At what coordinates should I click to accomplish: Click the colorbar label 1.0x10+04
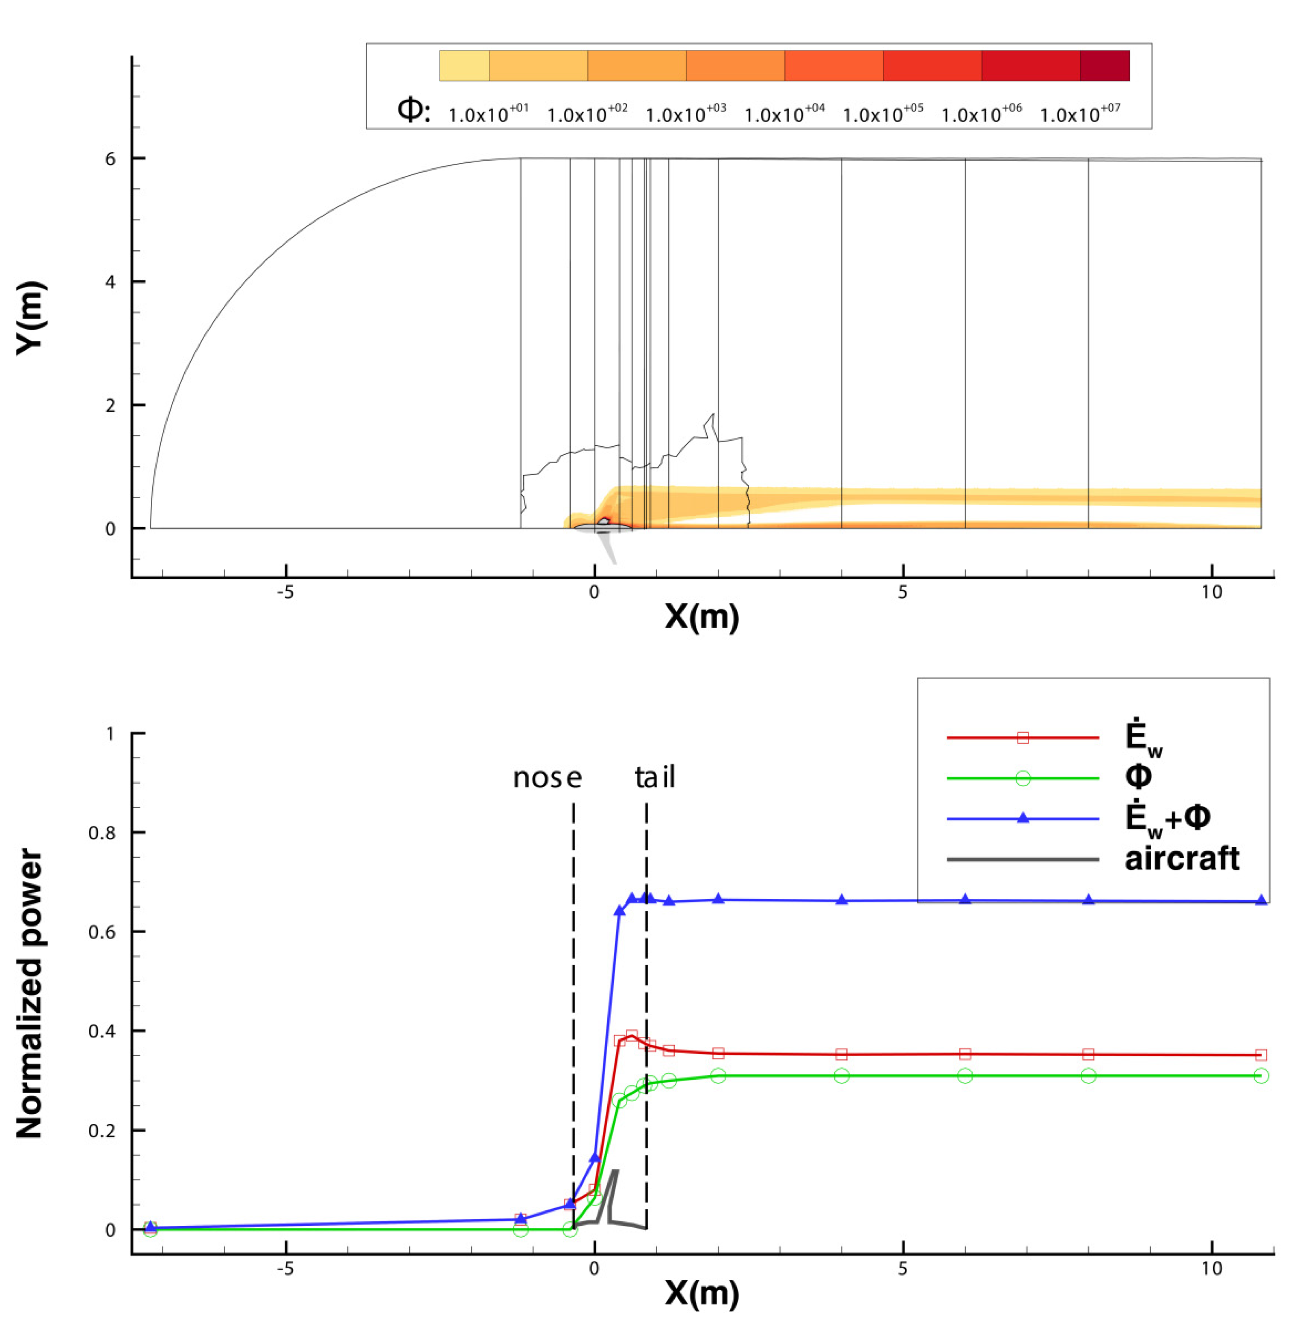[x=783, y=113]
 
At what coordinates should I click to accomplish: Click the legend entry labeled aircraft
[x=1181, y=859]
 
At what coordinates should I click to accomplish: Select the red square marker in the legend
[x=1023, y=738]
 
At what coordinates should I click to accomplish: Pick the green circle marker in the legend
[x=1023, y=778]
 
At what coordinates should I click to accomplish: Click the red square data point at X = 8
[x=1089, y=1054]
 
